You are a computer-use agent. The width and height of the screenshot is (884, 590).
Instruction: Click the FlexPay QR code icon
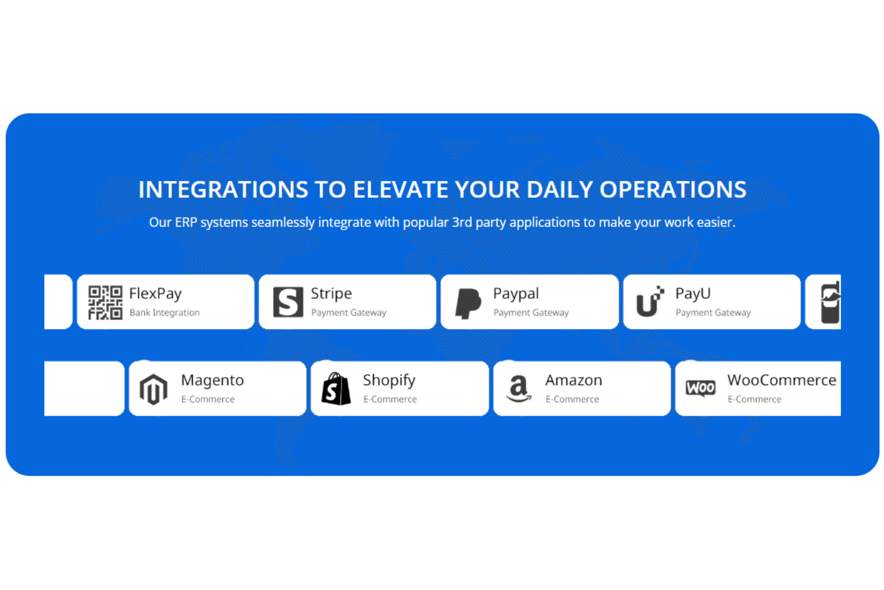coord(105,302)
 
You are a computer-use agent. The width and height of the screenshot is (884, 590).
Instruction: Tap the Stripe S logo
coord(288,302)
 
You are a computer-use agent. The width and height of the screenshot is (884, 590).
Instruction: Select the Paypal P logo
coord(468,303)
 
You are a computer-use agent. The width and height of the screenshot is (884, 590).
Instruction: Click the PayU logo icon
coord(650,301)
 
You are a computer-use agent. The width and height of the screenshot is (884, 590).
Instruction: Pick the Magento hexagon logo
coord(154,389)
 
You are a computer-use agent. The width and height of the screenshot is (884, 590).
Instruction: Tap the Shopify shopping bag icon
coord(336,389)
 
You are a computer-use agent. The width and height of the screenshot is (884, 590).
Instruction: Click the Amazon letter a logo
coord(518,389)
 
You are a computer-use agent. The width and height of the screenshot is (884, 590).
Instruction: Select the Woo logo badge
coord(701,389)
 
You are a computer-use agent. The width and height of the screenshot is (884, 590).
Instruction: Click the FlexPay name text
coord(155,294)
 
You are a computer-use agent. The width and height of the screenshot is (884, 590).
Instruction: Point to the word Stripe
coord(331,294)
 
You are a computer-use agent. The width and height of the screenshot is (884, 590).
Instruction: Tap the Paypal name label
coord(515,294)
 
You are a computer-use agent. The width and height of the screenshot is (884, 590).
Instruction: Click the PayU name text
coord(693,294)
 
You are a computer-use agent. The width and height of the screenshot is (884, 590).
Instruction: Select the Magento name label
coord(212,380)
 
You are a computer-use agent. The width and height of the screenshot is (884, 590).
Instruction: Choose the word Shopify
coord(389,380)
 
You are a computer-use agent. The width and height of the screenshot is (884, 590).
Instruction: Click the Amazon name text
coord(573,380)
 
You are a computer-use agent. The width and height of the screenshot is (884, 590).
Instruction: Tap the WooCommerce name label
coord(781,380)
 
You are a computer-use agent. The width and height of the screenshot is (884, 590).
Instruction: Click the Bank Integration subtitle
coord(164,313)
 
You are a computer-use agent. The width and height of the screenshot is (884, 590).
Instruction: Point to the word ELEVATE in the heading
coord(400,190)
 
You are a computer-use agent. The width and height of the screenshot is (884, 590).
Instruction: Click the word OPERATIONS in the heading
coord(673,190)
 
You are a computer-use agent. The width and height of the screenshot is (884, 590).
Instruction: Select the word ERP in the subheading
coord(185,222)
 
